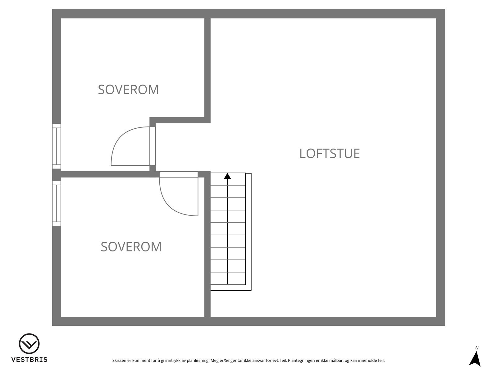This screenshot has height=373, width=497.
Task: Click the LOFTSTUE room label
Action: click(330, 154)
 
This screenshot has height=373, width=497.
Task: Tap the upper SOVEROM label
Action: click(128, 90)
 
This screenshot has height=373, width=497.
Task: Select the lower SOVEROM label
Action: click(131, 247)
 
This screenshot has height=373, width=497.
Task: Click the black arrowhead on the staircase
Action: click(228, 176)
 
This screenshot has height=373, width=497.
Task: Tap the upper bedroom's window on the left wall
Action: click(57, 146)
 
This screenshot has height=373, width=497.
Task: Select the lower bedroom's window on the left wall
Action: click(57, 203)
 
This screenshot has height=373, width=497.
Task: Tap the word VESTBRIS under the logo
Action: click(29, 360)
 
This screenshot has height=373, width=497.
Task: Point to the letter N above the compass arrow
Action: click(477, 348)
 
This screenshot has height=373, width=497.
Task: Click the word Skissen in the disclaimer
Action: click(119, 361)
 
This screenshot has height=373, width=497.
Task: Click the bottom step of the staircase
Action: click(228, 279)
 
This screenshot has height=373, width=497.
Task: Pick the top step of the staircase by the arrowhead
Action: click(228, 179)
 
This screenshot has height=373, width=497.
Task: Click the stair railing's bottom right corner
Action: click(251, 290)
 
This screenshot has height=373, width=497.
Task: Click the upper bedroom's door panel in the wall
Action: click(153, 146)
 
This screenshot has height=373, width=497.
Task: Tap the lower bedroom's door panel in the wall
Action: click(179, 174)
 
